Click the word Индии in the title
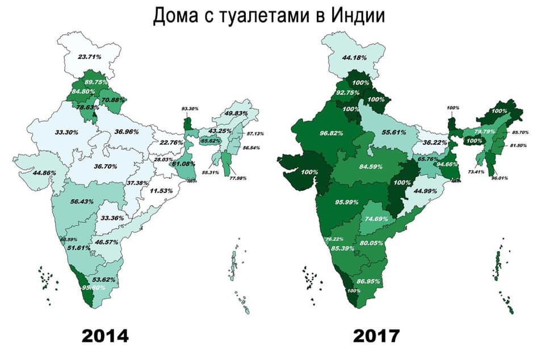pos(354,16)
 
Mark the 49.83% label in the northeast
pos(238,114)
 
